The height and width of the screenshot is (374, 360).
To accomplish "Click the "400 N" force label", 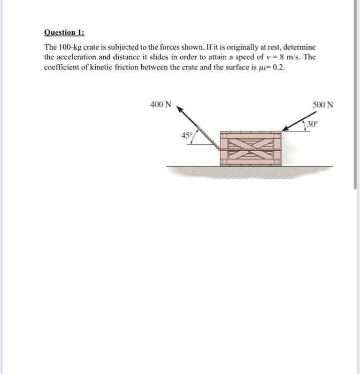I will [161, 105].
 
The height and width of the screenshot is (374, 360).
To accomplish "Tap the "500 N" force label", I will [323, 105].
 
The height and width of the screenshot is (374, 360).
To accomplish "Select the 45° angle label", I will [187, 136].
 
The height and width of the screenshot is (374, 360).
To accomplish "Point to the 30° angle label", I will [312, 125].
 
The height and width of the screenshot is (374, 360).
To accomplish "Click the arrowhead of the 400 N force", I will [180, 109].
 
